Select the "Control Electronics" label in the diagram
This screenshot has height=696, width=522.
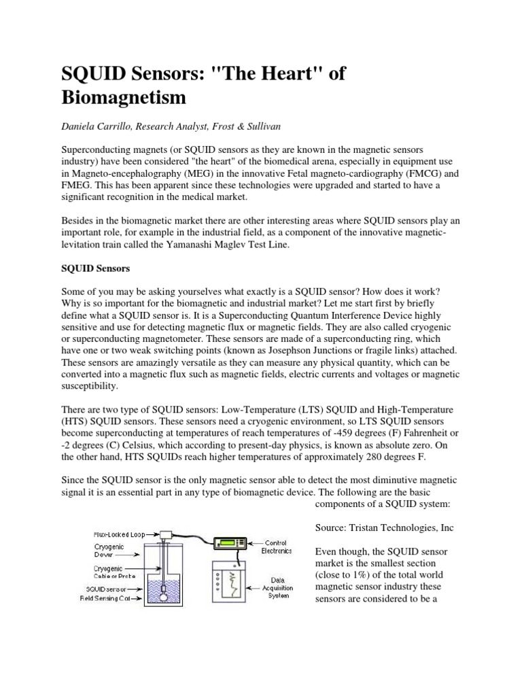point(278,546)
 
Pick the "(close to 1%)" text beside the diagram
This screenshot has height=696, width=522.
point(346,574)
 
